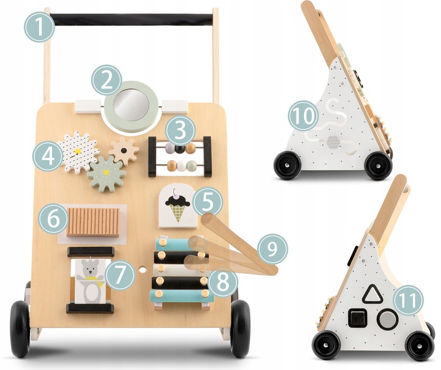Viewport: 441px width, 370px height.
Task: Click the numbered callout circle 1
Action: (x=39, y=27)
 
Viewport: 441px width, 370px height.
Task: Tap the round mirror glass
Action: (x=131, y=105)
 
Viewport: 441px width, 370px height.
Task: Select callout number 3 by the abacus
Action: (x=180, y=130)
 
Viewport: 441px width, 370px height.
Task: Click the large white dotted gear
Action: (x=78, y=152)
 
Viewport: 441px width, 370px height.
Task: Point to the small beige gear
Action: (x=124, y=151)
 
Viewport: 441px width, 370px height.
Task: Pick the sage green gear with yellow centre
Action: (x=107, y=174)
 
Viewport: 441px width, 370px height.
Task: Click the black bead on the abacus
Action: (x=180, y=149)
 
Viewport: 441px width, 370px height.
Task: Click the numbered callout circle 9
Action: (x=273, y=250)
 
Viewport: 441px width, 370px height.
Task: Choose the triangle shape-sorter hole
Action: (x=372, y=295)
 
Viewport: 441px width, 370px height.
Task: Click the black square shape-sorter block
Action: (x=357, y=319)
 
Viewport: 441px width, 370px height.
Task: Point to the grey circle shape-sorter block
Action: (x=388, y=319)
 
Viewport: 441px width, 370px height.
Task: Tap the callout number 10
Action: (x=303, y=116)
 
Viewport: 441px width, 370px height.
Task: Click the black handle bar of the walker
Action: (x=131, y=20)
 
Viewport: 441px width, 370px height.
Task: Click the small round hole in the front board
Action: (x=143, y=270)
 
